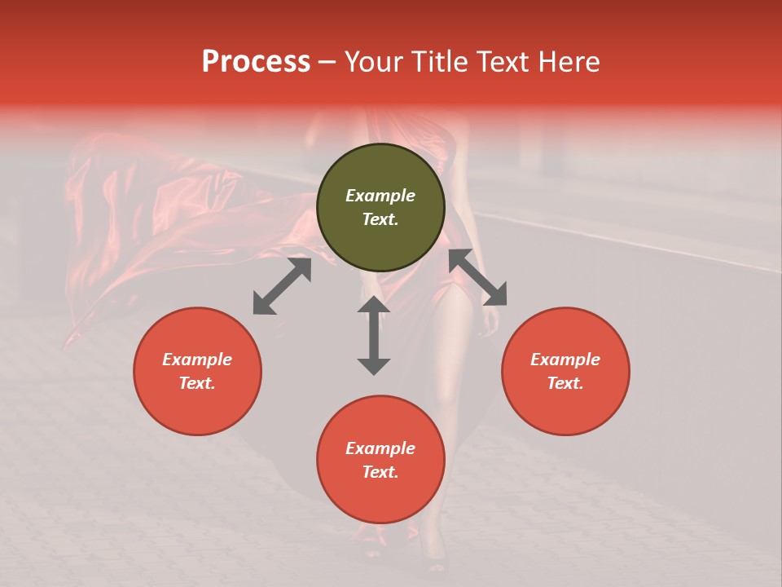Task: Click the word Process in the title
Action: [256, 62]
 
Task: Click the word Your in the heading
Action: [375, 62]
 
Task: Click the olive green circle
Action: [380, 207]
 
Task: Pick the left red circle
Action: [197, 371]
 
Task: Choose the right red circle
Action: [565, 371]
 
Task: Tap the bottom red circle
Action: [380, 459]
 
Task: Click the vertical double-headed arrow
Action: [374, 335]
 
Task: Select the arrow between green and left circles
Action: [282, 286]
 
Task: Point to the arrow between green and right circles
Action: [477, 277]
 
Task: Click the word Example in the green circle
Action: [380, 196]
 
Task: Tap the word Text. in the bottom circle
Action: [380, 472]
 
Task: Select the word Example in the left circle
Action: [197, 360]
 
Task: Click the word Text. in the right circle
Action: [565, 383]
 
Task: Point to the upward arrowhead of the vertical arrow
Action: [374, 305]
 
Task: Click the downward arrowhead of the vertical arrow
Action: [374, 365]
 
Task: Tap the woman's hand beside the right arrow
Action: [491, 320]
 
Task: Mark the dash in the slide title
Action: [327, 63]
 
